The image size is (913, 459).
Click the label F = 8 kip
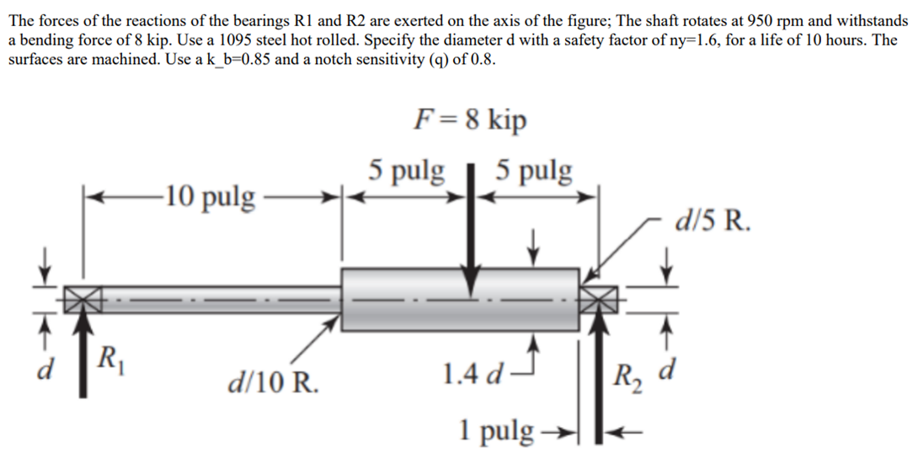470,120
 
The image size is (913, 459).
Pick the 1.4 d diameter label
475,371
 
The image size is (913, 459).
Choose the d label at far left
51,368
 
